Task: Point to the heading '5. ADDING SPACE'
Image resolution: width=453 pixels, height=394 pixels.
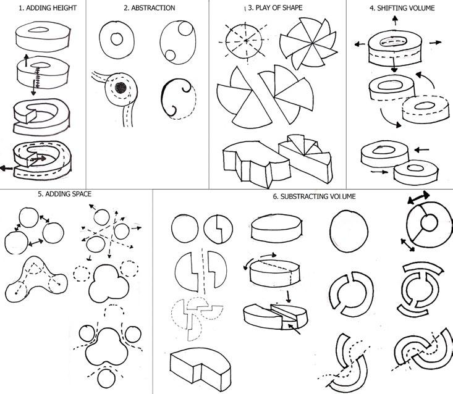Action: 64,193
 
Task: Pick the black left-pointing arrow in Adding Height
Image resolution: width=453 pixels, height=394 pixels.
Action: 9,167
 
